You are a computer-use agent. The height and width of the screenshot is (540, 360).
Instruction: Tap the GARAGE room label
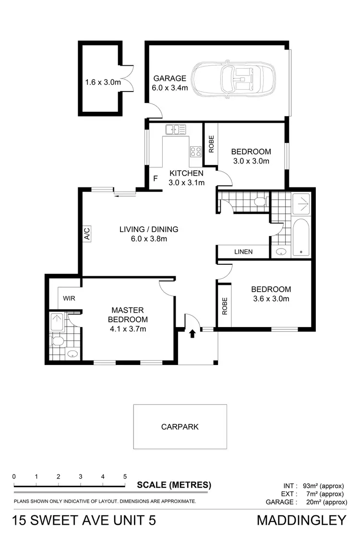click(x=169, y=78)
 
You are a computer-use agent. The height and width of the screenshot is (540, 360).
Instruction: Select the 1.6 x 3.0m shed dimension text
click(x=102, y=82)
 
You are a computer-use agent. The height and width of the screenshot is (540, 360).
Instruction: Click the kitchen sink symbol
click(x=176, y=129)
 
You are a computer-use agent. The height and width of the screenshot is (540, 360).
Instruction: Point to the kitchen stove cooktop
click(x=195, y=152)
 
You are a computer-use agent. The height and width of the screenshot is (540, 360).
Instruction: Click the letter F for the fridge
click(x=155, y=178)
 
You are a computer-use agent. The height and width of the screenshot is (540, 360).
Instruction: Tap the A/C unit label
click(x=87, y=234)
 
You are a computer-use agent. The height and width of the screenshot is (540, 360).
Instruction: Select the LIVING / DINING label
click(x=149, y=229)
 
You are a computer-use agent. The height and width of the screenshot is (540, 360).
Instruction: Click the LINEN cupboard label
click(x=243, y=252)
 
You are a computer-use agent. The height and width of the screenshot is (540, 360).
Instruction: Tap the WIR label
click(x=69, y=298)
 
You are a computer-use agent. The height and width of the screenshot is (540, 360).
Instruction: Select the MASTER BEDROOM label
click(x=127, y=315)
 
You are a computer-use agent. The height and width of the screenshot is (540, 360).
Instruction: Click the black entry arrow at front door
click(x=192, y=333)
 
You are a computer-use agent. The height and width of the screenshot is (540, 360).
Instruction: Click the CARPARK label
click(x=180, y=426)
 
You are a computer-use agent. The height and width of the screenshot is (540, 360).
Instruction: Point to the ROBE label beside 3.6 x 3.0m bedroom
click(x=224, y=306)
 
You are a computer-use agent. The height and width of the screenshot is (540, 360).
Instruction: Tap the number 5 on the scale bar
click(x=125, y=476)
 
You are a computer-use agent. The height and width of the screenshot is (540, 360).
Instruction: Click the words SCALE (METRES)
click(x=173, y=484)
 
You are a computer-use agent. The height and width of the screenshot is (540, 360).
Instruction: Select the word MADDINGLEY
click(x=301, y=520)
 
